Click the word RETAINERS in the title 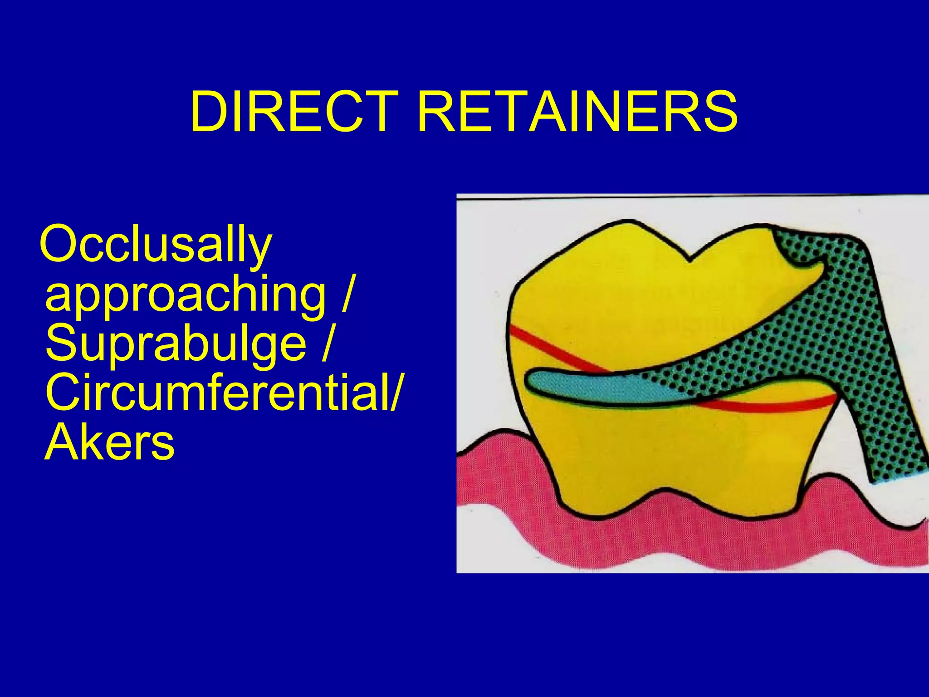[x=577, y=112]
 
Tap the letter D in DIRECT [x=210, y=112]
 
